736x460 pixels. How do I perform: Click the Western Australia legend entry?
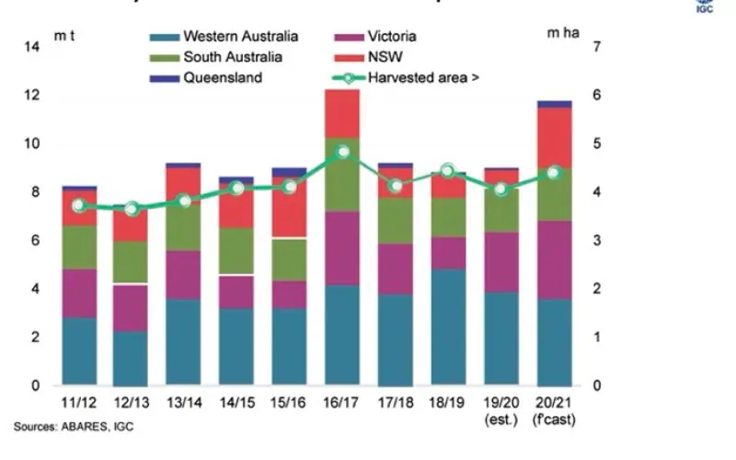(x=240, y=37)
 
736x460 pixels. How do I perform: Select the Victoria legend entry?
(x=392, y=37)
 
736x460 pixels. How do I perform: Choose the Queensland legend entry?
(x=223, y=77)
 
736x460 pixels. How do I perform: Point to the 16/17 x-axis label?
(x=342, y=403)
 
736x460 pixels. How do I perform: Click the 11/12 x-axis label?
(x=77, y=403)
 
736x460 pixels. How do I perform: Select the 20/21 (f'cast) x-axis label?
(x=554, y=410)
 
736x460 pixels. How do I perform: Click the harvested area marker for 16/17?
(x=342, y=152)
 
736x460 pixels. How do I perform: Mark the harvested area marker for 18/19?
(x=448, y=171)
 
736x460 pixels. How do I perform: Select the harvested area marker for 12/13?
(x=131, y=209)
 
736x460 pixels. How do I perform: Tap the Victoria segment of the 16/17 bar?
(x=342, y=248)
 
